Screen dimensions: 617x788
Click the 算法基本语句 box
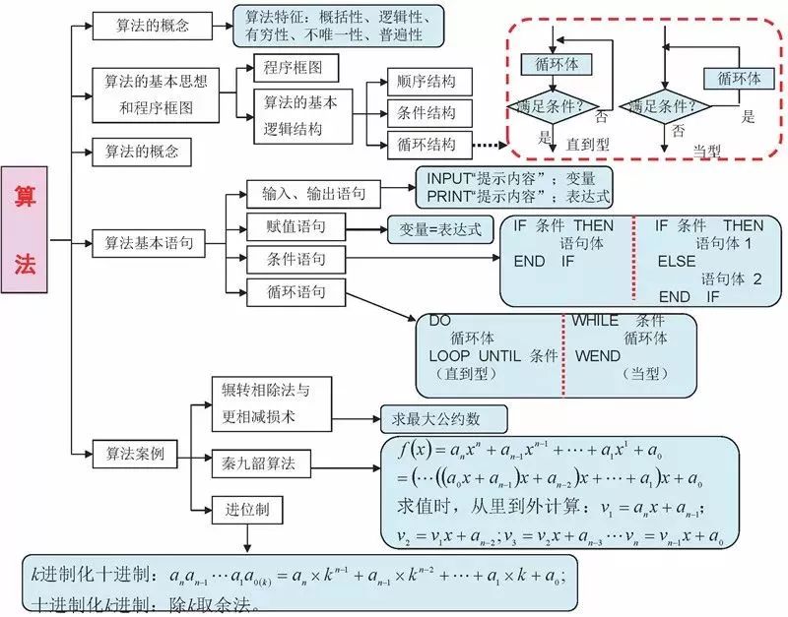[149, 240]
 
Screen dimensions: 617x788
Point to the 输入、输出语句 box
[307, 193]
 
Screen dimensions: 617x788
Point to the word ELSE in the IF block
[677, 261]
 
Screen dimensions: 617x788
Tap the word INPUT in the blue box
[448, 178]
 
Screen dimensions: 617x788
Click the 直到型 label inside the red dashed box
[587, 143]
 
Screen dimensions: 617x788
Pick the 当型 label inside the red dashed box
[707, 149]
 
